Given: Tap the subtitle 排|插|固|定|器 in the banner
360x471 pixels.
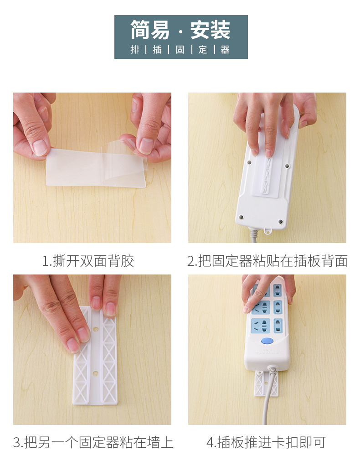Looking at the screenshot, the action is [x=180, y=50].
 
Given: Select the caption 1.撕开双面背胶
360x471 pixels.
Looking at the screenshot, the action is [x=87, y=261].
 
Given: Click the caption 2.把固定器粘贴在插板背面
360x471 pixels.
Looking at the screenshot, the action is [x=267, y=261].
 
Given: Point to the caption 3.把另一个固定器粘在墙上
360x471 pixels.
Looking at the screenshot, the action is [x=93, y=442].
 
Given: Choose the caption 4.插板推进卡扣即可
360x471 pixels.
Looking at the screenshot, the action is [x=266, y=442].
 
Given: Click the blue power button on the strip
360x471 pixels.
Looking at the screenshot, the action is [x=267, y=341].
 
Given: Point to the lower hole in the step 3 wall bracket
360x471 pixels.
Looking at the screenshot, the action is [x=96, y=374].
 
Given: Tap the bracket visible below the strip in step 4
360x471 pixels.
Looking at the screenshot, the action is [x=266, y=383].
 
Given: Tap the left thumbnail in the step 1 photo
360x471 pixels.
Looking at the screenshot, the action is [x=40, y=147].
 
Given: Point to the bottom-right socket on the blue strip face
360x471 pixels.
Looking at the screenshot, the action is [x=278, y=326].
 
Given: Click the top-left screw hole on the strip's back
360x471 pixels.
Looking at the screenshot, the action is [x=249, y=162].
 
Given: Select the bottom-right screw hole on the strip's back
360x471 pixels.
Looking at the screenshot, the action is [x=280, y=222].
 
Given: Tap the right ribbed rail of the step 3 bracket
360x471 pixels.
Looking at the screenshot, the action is [x=109, y=356].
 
